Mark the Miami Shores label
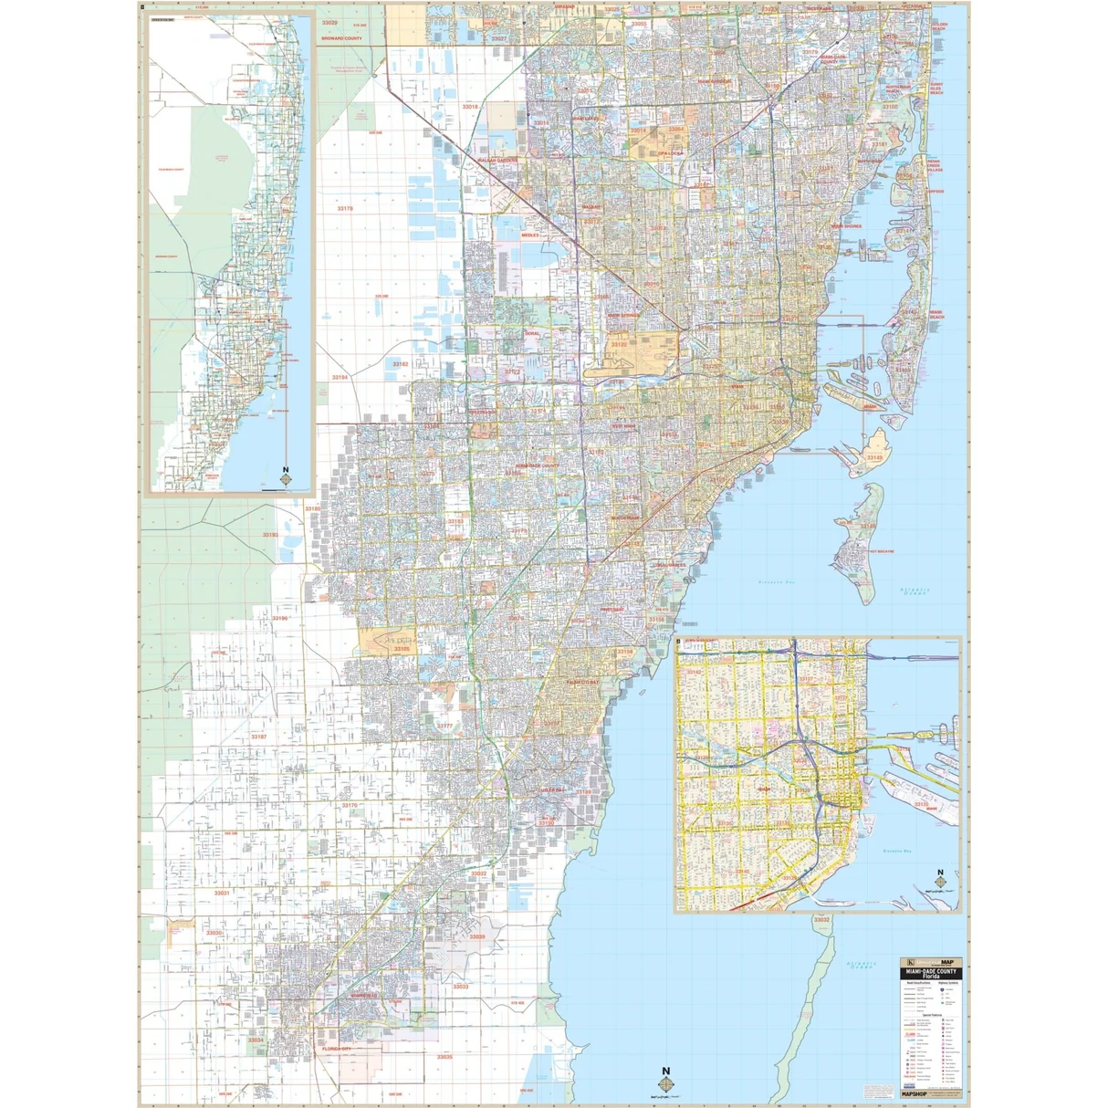tap(846, 226)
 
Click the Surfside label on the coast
tap(936, 192)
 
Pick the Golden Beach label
tap(939, 27)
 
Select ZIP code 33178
tap(345, 209)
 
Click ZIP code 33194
tap(340, 377)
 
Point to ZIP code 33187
tap(258, 737)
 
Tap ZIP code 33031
tap(222, 894)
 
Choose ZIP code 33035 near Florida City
tap(444, 1057)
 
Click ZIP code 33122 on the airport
tap(619, 345)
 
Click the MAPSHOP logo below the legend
tap(917, 1092)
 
